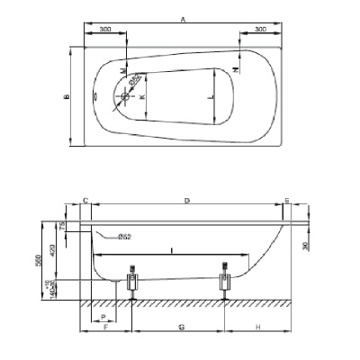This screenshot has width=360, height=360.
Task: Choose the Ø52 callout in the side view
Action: [x=125, y=236]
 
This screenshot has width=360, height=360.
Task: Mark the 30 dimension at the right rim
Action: [x=306, y=244]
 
